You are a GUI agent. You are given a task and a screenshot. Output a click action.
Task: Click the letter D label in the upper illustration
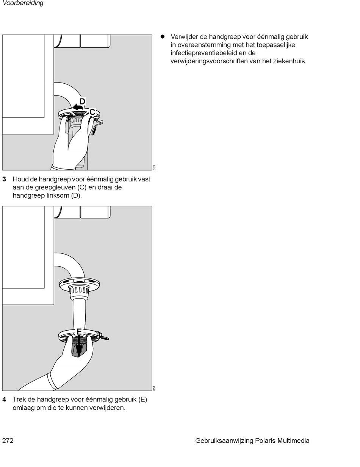pos(82,102)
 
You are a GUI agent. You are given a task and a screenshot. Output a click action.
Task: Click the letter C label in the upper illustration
pos(92,112)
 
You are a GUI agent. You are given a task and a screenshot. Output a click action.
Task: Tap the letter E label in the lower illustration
pos(79,332)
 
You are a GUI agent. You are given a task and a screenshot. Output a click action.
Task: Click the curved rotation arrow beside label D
pos(78,108)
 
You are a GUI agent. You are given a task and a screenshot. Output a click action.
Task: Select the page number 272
pos(8,440)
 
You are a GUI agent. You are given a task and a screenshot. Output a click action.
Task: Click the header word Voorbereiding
pos(23,3)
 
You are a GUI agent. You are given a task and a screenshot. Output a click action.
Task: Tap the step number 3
pos(4,179)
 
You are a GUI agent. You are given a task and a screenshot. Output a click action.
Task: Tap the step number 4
pos(4,400)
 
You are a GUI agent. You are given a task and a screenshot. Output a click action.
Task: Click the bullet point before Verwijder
pos(163,37)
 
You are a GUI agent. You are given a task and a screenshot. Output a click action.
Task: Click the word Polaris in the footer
pos(265,440)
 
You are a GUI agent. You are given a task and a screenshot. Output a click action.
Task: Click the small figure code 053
pos(154,167)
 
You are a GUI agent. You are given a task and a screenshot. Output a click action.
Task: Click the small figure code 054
pos(154,388)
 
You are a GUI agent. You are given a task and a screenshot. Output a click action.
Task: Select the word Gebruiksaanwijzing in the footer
pos(224,441)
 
